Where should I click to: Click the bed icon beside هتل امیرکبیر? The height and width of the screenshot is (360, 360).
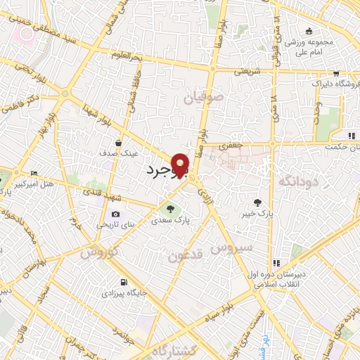[x=34, y=173]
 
